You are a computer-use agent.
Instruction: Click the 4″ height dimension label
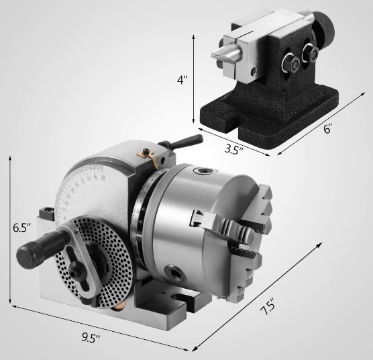[182, 80]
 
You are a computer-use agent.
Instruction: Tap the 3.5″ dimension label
[234, 150]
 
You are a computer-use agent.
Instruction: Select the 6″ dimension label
[327, 129]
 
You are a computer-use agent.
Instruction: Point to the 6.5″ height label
[22, 228]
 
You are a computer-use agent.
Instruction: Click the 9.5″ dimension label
[91, 337]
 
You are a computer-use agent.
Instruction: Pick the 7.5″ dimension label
[268, 306]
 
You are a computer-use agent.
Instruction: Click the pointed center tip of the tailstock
[213, 55]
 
